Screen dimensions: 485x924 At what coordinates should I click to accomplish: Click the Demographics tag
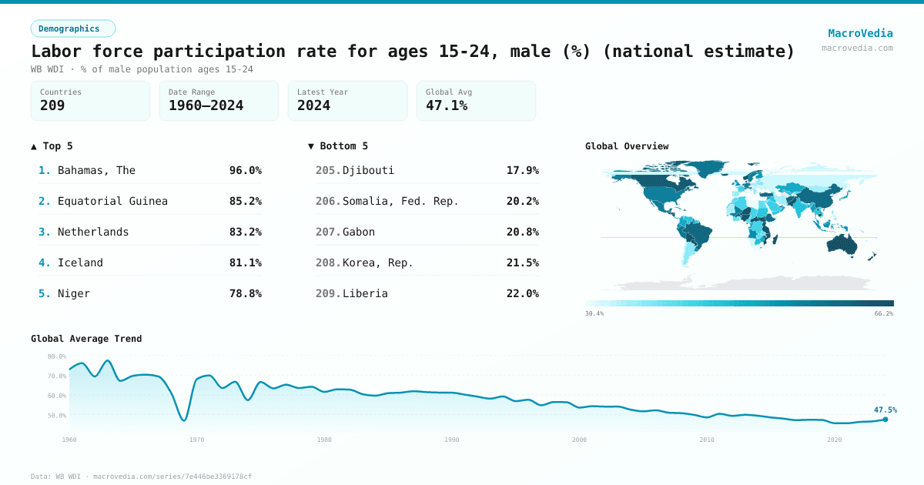pos(72,28)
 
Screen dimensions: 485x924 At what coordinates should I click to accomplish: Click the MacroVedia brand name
pos(860,33)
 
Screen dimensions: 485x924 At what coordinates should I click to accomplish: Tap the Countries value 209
pos(52,105)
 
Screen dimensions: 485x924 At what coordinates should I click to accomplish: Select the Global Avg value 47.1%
pos(447,105)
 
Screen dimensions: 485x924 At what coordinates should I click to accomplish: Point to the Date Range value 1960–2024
pos(206,105)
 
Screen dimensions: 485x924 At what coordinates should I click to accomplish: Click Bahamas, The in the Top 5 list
pos(96,170)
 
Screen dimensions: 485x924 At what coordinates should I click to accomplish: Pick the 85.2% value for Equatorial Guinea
pos(245,201)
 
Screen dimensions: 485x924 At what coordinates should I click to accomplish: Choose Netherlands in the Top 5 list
pos(93,232)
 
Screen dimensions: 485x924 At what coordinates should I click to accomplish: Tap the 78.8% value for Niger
pos(245,293)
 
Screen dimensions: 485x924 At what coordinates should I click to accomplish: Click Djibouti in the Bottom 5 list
pos(368,170)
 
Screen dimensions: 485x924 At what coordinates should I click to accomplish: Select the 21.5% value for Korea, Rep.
pos(522,263)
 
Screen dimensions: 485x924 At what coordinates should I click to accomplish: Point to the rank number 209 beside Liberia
pos(327,293)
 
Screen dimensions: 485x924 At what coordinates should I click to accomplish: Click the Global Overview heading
pos(627,146)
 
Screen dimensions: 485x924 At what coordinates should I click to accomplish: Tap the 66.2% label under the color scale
pos(884,313)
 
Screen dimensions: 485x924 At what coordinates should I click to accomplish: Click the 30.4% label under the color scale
pos(594,313)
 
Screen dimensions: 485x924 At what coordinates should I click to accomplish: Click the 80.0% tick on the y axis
pos(57,356)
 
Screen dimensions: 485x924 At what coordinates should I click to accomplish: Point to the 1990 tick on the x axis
pos(452,440)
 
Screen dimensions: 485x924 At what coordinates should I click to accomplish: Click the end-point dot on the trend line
pos(885,420)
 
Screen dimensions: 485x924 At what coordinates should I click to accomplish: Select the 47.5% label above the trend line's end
pos(885,410)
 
